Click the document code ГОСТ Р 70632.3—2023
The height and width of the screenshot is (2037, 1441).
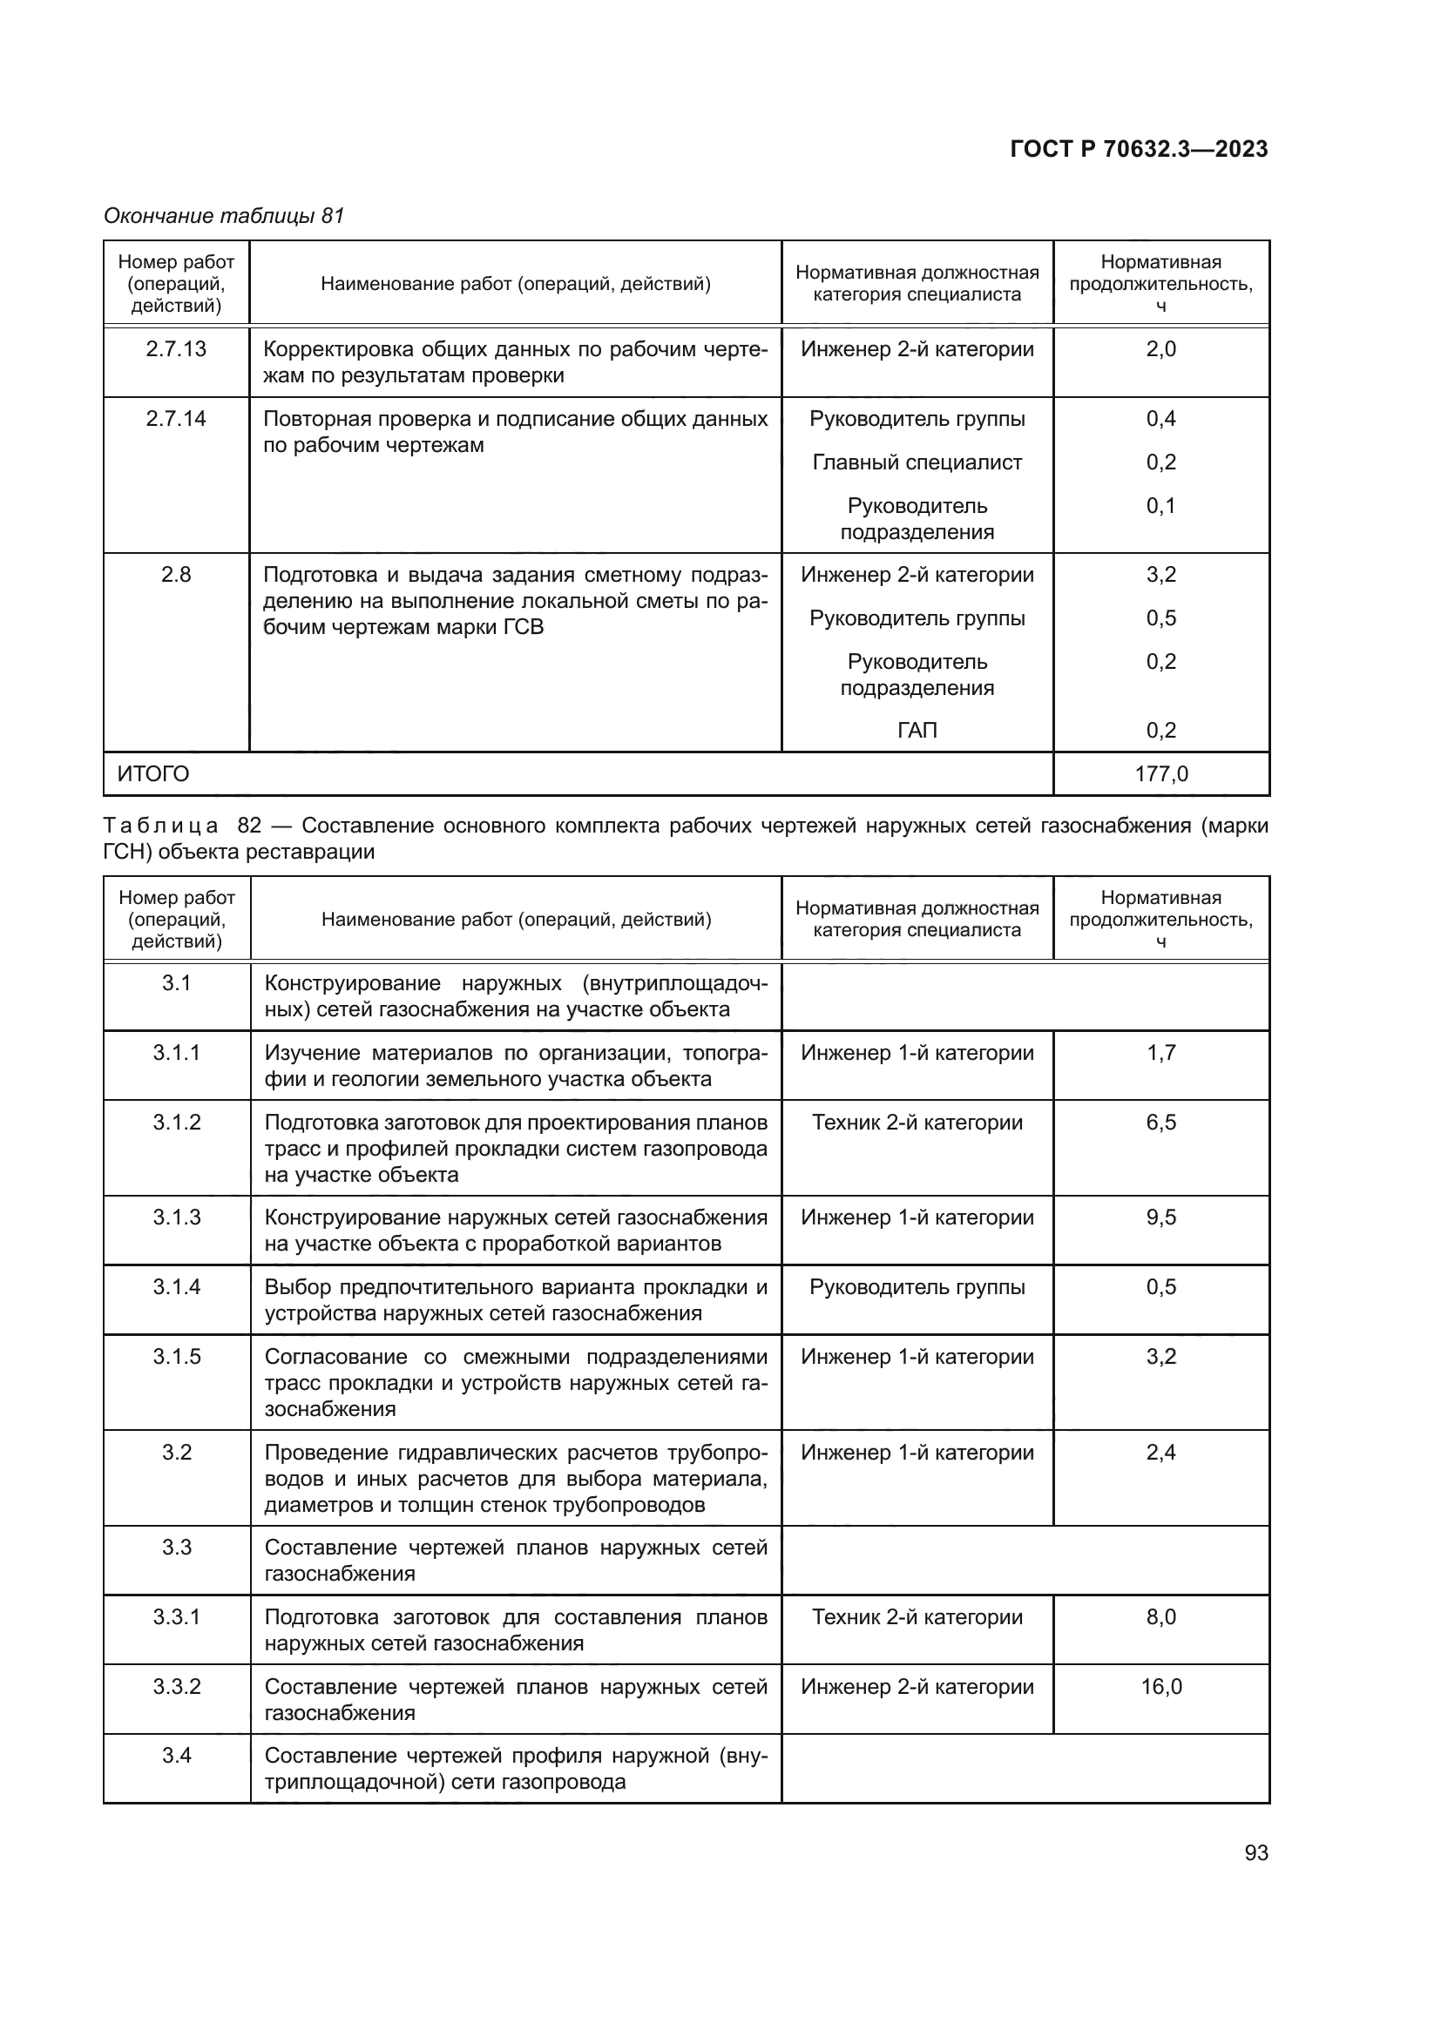(1139, 149)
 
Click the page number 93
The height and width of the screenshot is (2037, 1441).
(1255, 1852)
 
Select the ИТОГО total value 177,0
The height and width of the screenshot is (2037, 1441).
(1160, 773)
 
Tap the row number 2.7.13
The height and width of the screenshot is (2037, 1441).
(176, 348)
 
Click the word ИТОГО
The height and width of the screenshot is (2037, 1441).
(153, 773)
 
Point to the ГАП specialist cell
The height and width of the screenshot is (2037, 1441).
(917, 730)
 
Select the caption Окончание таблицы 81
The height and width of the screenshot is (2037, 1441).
(224, 216)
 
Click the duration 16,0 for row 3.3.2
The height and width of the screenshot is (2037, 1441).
(1160, 1687)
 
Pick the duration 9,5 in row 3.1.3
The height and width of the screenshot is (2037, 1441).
(1160, 1217)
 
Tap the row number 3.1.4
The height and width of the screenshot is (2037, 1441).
(176, 1286)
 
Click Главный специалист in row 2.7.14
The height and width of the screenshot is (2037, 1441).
(917, 462)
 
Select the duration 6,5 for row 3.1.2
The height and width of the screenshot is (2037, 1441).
(1160, 1123)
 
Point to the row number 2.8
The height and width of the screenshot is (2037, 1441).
(176, 575)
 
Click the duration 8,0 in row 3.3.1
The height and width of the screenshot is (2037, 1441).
(1160, 1616)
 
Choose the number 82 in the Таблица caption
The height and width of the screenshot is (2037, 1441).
(249, 825)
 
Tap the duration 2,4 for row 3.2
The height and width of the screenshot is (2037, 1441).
(1160, 1453)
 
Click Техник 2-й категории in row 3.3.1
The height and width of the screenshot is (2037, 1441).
(917, 1616)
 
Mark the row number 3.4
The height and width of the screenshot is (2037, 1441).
(176, 1756)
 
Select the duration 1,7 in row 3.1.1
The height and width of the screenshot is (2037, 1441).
(1160, 1053)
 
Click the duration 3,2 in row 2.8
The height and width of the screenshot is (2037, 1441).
(1160, 575)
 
